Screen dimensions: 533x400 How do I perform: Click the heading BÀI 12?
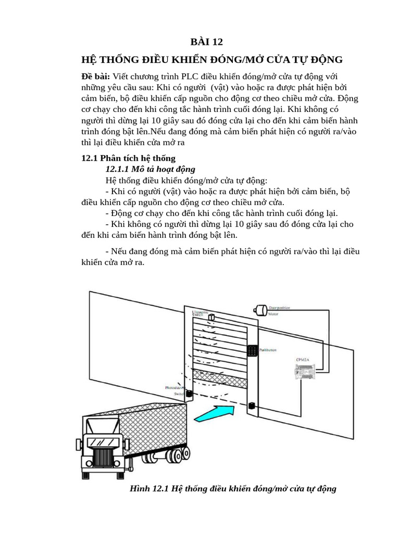pos(206,42)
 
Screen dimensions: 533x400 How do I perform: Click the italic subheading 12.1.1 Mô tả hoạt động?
pos(150,169)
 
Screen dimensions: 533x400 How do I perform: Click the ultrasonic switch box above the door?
pos(211,318)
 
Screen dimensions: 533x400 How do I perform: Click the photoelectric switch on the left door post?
pos(189,394)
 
